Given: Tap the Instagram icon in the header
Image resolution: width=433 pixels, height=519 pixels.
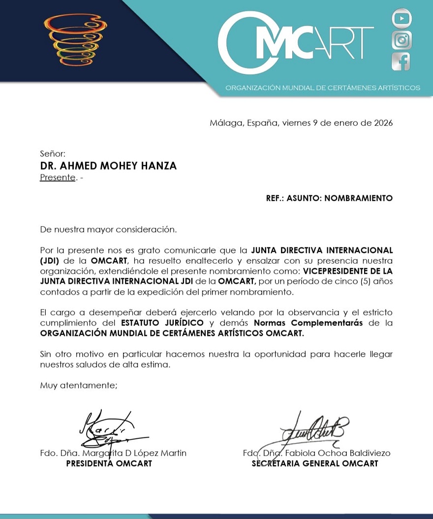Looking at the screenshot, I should pyautogui.click(x=402, y=40).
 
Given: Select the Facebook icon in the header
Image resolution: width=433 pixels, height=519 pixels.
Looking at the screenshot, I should pyautogui.click(x=401, y=62).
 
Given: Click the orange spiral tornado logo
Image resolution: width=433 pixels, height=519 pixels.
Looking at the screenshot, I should pyautogui.click(x=75, y=39).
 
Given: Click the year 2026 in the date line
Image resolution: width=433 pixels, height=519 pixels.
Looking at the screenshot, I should pyautogui.click(x=383, y=123).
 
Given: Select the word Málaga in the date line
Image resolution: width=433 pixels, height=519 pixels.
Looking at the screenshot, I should pyautogui.click(x=225, y=123).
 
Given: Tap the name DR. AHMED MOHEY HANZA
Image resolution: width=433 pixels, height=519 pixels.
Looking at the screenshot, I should pyautogui.click(x=108, y=166).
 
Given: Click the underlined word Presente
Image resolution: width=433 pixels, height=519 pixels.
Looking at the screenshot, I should pyautogui.click(x=58, y=178).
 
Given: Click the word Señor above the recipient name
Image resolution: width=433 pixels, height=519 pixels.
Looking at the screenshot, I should pyautogui.click(x=52, y=153).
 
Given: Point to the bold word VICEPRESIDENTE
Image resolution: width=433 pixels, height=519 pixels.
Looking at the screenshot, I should pyautogui.click(x=335, y=272).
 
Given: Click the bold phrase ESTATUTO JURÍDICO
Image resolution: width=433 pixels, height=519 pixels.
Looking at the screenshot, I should pyautogui.click(x=162, y=323).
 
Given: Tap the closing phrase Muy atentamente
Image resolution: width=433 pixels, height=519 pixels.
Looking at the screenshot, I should pyautogui.click(x=79, y=386).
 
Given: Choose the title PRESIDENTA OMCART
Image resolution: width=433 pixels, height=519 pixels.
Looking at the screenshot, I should pyautogui.click(x=109, y=463).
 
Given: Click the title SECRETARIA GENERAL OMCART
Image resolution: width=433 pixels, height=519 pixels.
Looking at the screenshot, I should pyautogui.click(x=315, y=463).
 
